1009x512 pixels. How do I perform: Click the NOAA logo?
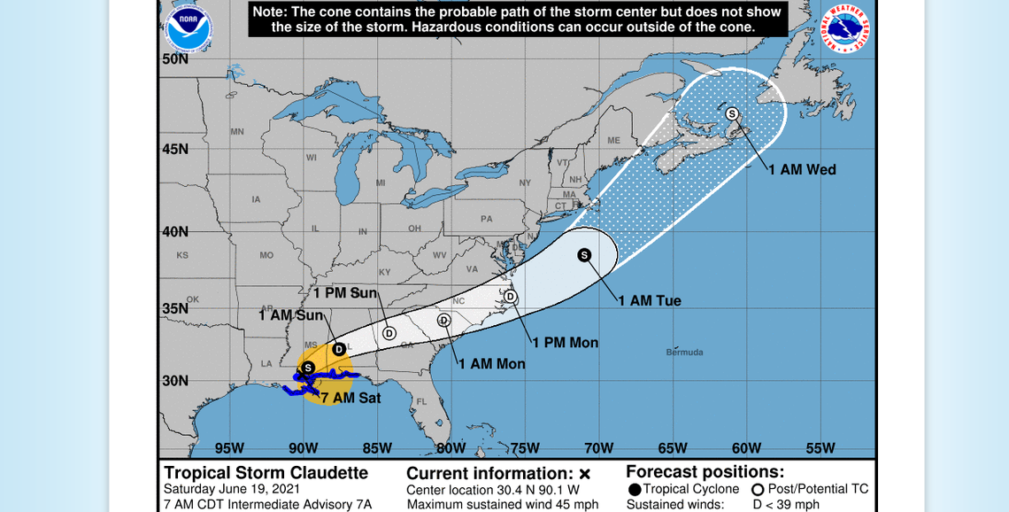point(188,28)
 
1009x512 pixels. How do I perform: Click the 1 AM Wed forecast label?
point(802,169)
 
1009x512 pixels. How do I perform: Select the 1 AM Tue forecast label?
point(650,300)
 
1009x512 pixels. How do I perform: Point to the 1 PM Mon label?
point(566,343)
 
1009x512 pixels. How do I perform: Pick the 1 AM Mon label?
point(492,363)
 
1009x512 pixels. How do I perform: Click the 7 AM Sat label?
point(350,399)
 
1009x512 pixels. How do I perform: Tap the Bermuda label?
point(684,353)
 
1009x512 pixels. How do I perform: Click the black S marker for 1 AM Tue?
point(584,255)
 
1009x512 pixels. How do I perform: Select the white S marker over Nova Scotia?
point(732,113)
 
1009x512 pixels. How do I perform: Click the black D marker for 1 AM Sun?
point(338,349)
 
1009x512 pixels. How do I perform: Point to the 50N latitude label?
point(174,59)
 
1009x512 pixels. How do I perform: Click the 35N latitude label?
point(174,308)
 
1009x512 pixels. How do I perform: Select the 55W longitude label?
point(820,447)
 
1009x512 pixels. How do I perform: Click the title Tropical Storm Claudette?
point(266,473)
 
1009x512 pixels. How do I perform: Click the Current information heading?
point(490,473)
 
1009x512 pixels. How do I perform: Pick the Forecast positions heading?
point(705,472)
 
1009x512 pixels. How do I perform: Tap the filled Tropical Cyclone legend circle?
point(634,490)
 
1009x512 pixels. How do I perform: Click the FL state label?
point(421,401)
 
